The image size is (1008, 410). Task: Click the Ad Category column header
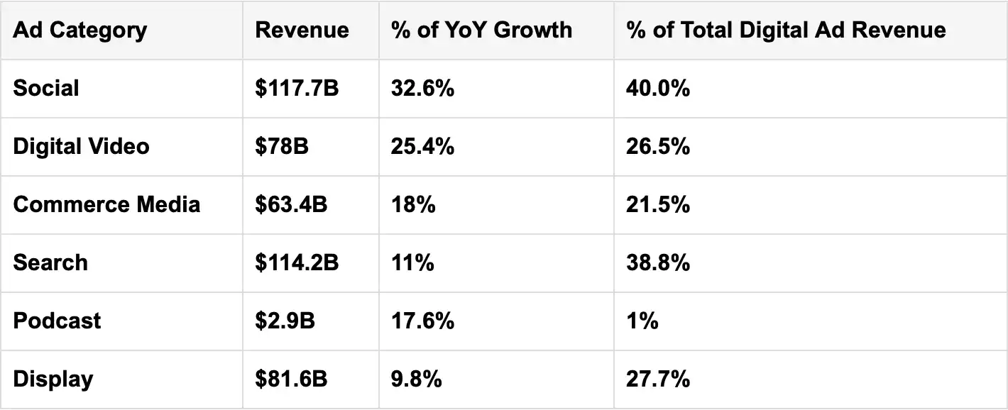click(80, 31)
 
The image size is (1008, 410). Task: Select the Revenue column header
click(302, 30)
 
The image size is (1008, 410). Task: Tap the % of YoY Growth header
click(481, 30)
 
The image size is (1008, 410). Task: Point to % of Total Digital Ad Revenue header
click(786, 30)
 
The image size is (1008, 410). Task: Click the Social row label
click(46, 88)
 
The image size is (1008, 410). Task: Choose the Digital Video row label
click(81, 146)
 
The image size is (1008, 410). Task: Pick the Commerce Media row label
click(106, 204)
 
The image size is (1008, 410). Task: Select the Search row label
click(50, 262)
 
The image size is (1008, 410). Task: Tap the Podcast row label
click(57, 321)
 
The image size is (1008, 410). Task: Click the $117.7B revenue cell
click(297, 88)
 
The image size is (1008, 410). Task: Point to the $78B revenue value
click(282, 146)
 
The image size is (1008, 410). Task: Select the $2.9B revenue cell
click(285, 321)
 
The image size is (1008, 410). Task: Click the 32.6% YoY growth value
click(422, 88)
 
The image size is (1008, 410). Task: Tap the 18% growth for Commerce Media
click(413, 204)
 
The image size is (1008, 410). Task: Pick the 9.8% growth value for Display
click(416, 379)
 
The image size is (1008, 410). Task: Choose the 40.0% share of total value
click(658, 88)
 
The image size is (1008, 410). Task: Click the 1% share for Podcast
click(642, 321)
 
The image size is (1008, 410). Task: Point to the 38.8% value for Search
click(658, 262)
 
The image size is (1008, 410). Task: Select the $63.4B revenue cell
click(291, 204)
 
